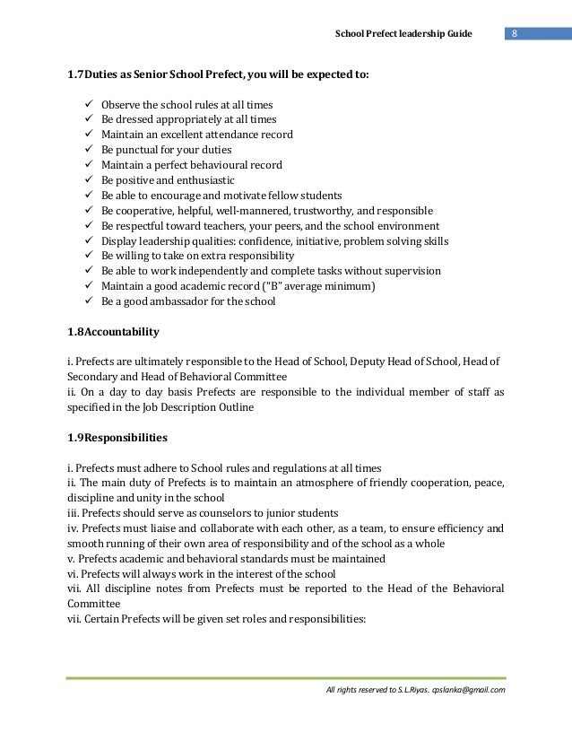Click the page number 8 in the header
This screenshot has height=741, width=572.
tap(515, 34)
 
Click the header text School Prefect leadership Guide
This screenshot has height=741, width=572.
tap(403, 34)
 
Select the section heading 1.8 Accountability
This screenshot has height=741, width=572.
tap(108, 332)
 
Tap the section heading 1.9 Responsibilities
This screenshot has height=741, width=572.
tap(112, 439)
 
